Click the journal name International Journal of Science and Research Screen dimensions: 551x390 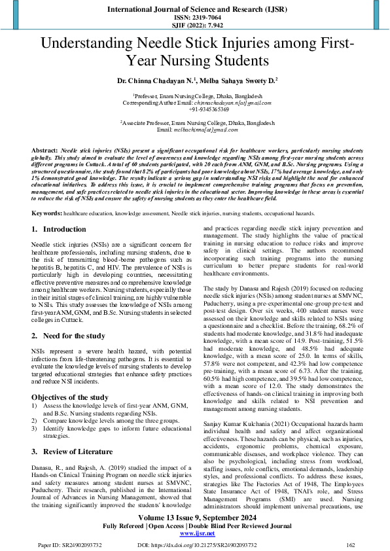tap(194, 9)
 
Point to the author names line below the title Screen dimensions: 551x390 tap(194, 81)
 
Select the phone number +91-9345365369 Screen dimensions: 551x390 tap(194, 109)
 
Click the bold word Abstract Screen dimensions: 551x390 tap(44, 151)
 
